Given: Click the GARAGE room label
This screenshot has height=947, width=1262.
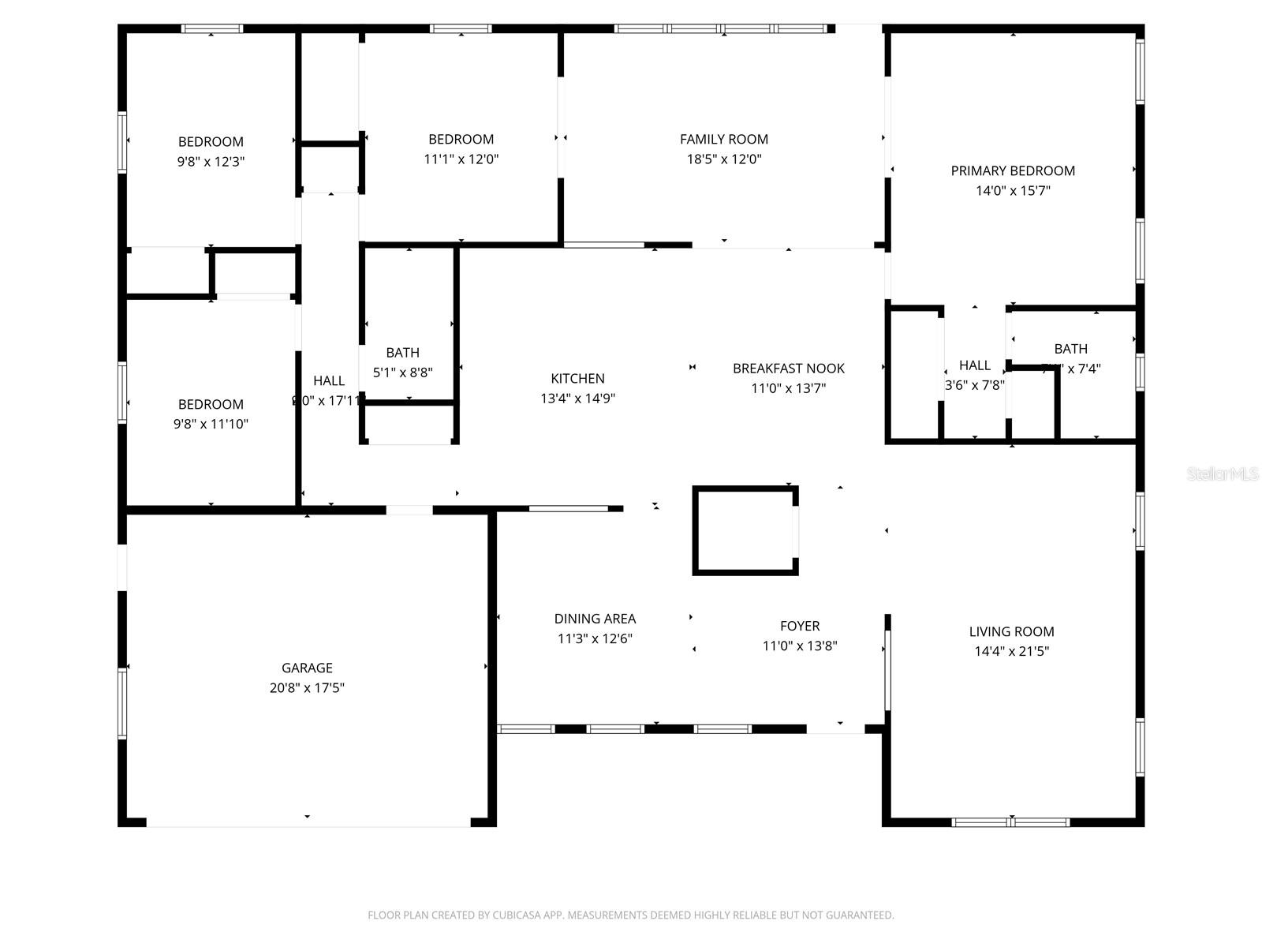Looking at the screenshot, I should pyautogui.click(x=307, y=668).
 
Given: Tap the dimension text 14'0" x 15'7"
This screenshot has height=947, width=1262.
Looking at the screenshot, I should pyautogui.click(x=1013, y=190).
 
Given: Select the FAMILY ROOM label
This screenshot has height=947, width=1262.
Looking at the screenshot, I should pyautogui.click(x=723, y=139).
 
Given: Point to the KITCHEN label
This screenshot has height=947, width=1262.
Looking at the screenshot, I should pyautogui.click(x=577, y=378).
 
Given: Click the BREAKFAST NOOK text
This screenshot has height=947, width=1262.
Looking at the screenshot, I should pyautogui.click(x=788, y=368).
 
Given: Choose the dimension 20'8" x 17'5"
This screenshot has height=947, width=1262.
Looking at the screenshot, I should pyautogui.click(x=307, y=687).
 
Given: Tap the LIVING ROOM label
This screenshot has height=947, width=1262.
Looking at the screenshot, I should pyautogui.click(x=1011, y=631).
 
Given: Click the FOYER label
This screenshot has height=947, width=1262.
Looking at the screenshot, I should pyautogui.click(x=799, y=626).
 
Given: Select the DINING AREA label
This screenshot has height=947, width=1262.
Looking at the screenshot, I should pyautogui.click(x=595, y=619).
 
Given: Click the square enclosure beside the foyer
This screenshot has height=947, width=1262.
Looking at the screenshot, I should pyautogui.click(x=745, y=530).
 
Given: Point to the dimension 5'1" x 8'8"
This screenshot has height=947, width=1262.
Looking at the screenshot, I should pyautogui.click(x=402, y=372).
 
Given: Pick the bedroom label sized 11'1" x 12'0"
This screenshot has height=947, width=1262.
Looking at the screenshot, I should pyautogui.click(x=461, y=139).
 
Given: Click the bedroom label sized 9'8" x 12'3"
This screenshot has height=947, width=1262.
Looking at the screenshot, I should pyautogui.click(x=211, y=142).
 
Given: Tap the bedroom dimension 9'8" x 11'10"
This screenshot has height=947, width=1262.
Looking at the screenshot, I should pyautogui.click(x=211, y=424).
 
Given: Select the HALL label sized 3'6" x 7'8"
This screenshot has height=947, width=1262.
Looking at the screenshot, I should pyautogui.click(x=974, y=365).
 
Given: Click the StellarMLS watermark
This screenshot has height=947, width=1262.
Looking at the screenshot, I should pyautogui.click(x=1222, y=473).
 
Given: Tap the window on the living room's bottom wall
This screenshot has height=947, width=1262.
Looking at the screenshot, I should pyautogui.click(x=1010, y=822).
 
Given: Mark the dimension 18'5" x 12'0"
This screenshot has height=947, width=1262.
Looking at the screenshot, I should pyautogui.click(x=723, y=159).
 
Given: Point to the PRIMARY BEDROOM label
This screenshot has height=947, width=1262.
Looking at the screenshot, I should pyautogui.click(x=1013, y=170).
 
